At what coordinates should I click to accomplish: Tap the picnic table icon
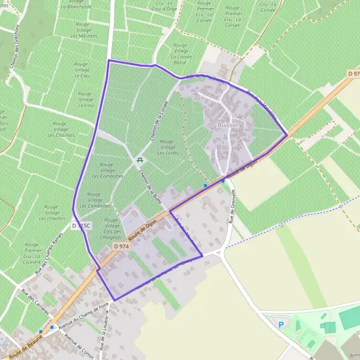pos(140,160)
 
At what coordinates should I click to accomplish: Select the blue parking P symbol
pos(281,325)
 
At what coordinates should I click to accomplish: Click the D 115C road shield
pos(81,226)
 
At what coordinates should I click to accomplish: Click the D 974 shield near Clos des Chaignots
pos(120,247)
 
